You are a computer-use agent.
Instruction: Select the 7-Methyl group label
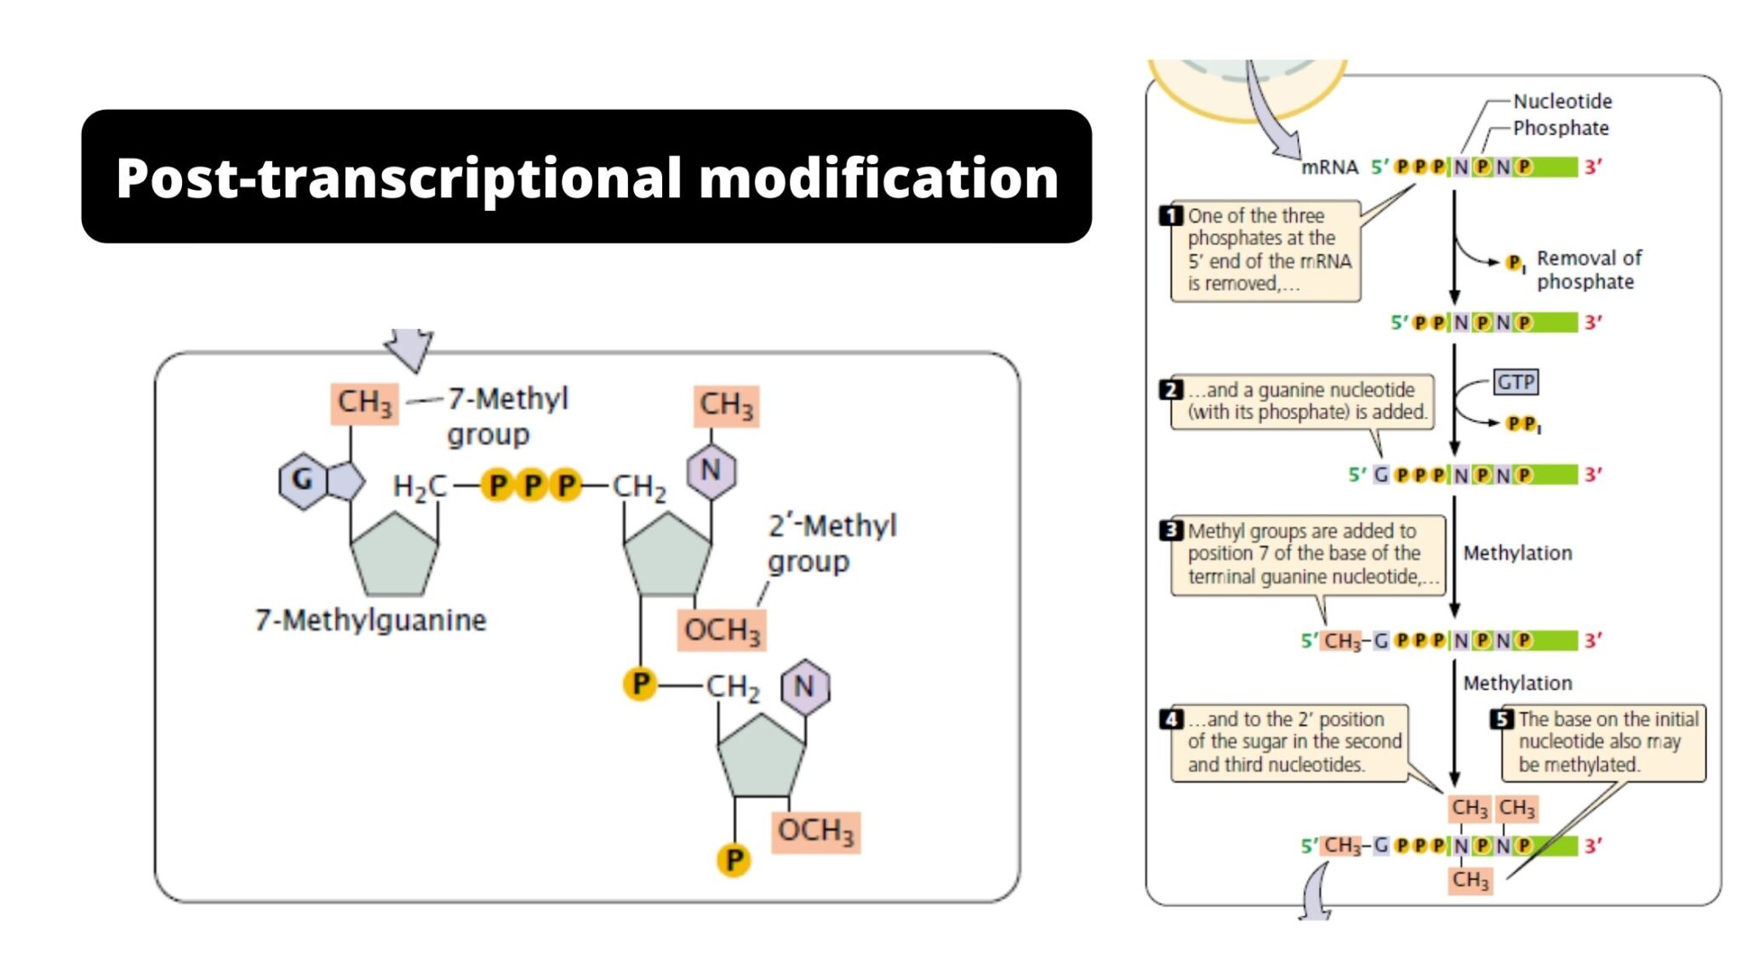point(507,415)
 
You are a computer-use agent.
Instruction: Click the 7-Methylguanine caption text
point(370,620)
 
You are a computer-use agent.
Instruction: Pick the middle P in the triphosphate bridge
point(531,486)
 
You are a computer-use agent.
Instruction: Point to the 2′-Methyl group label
point(831,543)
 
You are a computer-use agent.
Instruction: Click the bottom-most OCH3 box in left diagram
point(815,830)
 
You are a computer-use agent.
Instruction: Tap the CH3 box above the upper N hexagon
point(726,405)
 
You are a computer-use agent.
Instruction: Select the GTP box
point(1516,382)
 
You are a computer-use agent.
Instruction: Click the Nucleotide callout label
point(1562,101)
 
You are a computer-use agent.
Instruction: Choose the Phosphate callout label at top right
point(1560,128)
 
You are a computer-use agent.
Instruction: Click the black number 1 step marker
point(1171,215)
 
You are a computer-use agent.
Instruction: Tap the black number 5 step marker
point(1502,719)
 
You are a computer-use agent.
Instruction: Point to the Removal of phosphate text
point(1588,270)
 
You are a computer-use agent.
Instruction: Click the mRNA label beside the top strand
point(1329,168)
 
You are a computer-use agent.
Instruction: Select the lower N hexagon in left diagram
point(804,687)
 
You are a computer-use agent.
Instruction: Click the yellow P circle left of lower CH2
point(640,683)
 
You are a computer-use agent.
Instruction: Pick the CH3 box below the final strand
point(1470,880)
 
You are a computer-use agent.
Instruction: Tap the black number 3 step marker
point(1171,530)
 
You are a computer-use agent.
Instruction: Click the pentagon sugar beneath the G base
point(394,556)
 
